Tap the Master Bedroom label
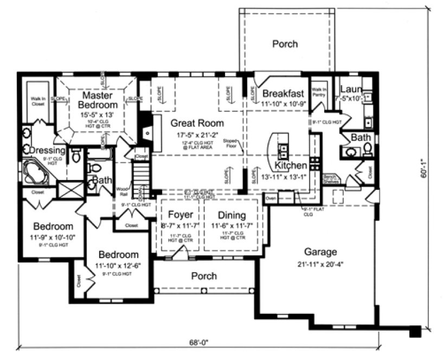(x=97, y=100)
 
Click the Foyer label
(x=180, y=215)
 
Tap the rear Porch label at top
(x=285, y=44)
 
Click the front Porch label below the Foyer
(x=204, y=276)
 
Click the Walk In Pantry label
(x=318, y=92)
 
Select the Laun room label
(x=347, y=89)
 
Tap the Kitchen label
(x=291, y=165)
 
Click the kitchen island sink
(x=283, y=149)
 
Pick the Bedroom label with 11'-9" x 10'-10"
(x=53, y=226)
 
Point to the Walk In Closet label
(x=37, y=101)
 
